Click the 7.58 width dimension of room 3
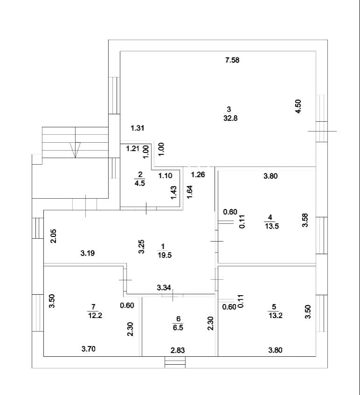[x=232, y=60]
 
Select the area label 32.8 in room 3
[x=231, y=118]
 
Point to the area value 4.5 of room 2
[x=140, y=183]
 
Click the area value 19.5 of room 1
[x=163, y=255]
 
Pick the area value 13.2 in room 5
[x=275, y=315]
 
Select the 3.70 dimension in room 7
[x=88, y=348]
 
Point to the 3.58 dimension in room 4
[x=305, y=220]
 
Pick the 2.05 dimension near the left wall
[x=54, y=237]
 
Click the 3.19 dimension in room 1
[x=88, y=253]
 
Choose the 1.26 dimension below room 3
[x=198, y=175]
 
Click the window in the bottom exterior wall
[x=175, y=362]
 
